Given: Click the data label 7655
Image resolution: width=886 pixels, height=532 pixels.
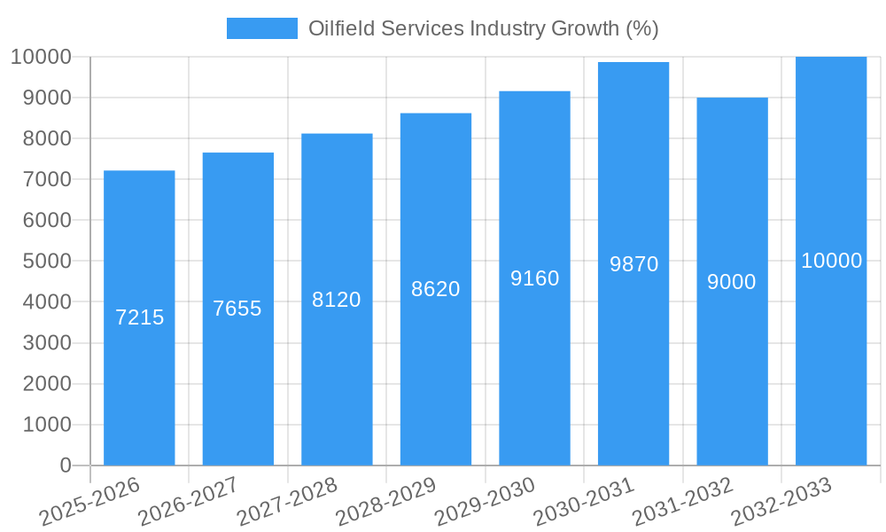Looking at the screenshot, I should pyautogui.click(x=237, y=309).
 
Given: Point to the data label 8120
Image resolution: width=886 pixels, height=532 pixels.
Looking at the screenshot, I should pyautogui.click(x=337, y=300).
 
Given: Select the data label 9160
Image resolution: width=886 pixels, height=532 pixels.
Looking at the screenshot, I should pyautogui.click(x=534, y=278).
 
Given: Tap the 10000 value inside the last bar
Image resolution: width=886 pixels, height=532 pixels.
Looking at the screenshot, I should pyautogui.click(x=831, y=261).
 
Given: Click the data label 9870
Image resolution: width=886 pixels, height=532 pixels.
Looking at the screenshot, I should pyautogui.click(x=633, y=264).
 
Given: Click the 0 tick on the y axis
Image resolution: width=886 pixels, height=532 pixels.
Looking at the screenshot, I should pyautogui.click(x=65, y=465).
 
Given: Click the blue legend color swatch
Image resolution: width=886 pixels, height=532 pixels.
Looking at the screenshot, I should pyautogui.click(x=262, y=28).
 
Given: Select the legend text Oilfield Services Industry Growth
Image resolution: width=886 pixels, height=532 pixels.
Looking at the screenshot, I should pyautogui.click(x=483, y=28).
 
